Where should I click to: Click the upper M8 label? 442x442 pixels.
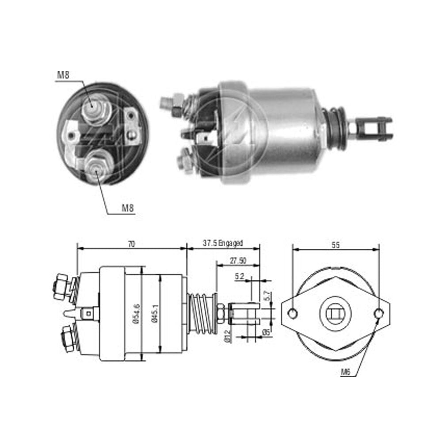[63, 75]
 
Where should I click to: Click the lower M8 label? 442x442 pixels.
[127, 208]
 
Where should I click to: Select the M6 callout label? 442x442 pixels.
[346, 372]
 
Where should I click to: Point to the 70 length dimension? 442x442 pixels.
[131, 244]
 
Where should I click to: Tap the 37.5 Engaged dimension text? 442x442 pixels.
[223, 243]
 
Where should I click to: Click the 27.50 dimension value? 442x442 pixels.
[238, 261]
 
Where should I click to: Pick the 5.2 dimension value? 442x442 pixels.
[239, 277]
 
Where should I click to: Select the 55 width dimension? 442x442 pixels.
[335, 245]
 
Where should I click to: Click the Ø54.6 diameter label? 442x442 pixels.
[137, 314]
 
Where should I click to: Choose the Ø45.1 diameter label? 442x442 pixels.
[154, 313]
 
